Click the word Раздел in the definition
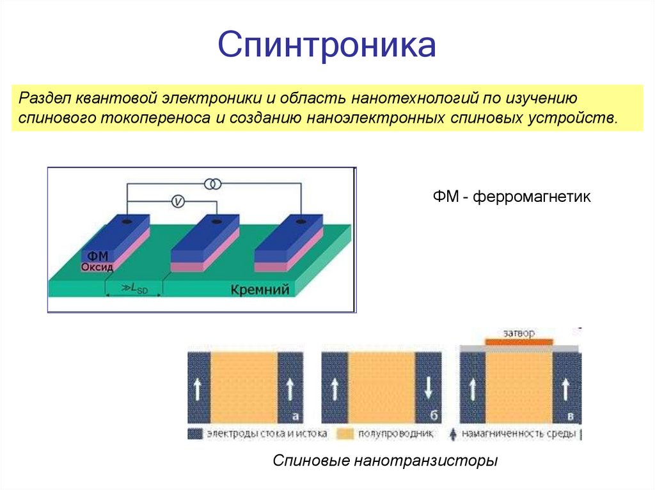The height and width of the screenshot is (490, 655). coord(44,99)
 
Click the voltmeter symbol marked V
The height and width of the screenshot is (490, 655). coord(178,202)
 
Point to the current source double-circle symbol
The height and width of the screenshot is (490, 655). coord(213,185)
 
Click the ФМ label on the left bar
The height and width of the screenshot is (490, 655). coord(96,256)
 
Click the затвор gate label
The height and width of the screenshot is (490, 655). coord(519,333)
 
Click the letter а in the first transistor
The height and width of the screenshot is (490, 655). coord(296,417)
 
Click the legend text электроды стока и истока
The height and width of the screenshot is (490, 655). coord(267,434)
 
